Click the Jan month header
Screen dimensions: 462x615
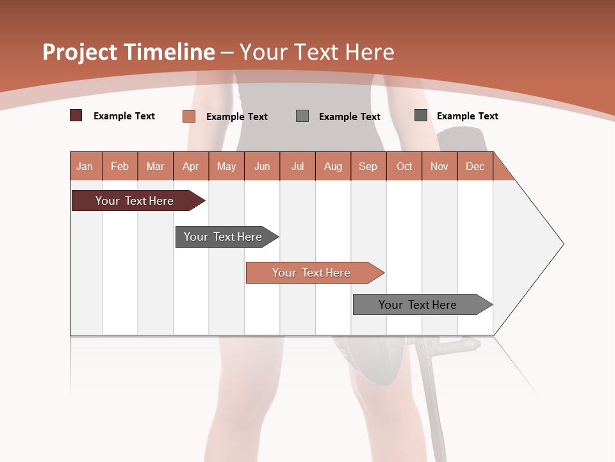(85, 166)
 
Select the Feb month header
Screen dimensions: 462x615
(120, 166)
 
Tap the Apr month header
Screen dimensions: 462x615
(190, 166)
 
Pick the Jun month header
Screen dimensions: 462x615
(262, 166)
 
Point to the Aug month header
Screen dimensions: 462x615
(333, 166)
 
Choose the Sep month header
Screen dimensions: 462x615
(368, 166)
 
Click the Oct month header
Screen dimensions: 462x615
(404, 166)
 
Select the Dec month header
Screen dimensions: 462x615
(475, 166)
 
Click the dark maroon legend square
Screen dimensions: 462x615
(76, 116)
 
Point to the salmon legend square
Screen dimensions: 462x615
(188, 116)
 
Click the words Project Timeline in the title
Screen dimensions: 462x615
(128, 52)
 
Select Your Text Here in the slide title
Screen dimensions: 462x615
(316, 52)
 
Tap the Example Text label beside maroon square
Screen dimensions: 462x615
(124, 116)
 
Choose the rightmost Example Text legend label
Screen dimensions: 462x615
(467, 116)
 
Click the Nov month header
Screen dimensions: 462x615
(439, 166)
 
